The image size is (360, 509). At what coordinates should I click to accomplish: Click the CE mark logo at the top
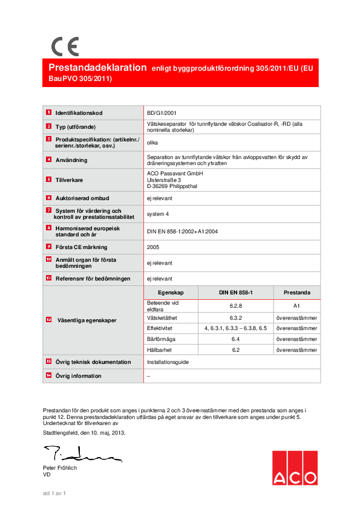[65, 47]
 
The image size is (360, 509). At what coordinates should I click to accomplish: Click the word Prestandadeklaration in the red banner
[97, 68]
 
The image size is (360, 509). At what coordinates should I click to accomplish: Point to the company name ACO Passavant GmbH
[175, 173]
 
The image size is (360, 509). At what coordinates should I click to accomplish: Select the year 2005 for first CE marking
[154, 247]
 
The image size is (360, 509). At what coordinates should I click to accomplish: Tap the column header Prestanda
[296, 293]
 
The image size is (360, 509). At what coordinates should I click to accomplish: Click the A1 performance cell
[296, 306]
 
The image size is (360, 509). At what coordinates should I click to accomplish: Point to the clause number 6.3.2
[236, 318]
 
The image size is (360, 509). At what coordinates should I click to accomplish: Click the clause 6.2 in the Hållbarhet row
[236, 350]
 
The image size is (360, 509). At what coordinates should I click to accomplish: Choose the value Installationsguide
[168, 361]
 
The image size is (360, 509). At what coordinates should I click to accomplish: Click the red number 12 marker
[48, 320]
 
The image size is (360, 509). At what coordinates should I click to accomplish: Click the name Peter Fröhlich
[60, 468]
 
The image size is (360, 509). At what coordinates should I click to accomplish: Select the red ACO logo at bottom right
[293, 468]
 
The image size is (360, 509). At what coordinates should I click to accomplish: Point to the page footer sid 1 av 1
[54, 493]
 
